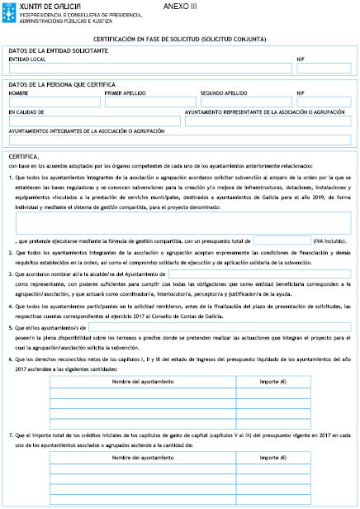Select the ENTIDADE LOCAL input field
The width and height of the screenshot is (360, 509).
pos(149,69)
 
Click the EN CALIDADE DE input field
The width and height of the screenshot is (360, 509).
pos(93,121)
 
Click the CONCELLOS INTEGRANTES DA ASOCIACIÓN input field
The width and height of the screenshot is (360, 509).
pos(180,140)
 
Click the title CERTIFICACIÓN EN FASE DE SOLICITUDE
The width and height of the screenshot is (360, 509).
pos(179,39)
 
